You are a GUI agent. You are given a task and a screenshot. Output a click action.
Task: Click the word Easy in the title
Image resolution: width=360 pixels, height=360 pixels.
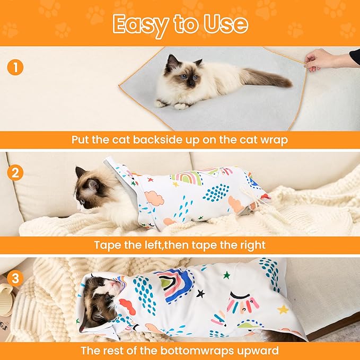point(139,24)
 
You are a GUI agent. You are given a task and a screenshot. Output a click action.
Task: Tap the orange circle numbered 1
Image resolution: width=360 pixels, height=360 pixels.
point(15,68)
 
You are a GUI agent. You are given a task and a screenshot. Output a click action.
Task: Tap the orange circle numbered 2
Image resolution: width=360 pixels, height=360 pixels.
point(15,172)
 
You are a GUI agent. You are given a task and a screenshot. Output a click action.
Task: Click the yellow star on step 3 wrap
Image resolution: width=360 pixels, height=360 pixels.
point(283,309)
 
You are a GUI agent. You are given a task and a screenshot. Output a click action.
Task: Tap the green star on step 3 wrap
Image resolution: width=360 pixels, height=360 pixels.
point(226,275)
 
